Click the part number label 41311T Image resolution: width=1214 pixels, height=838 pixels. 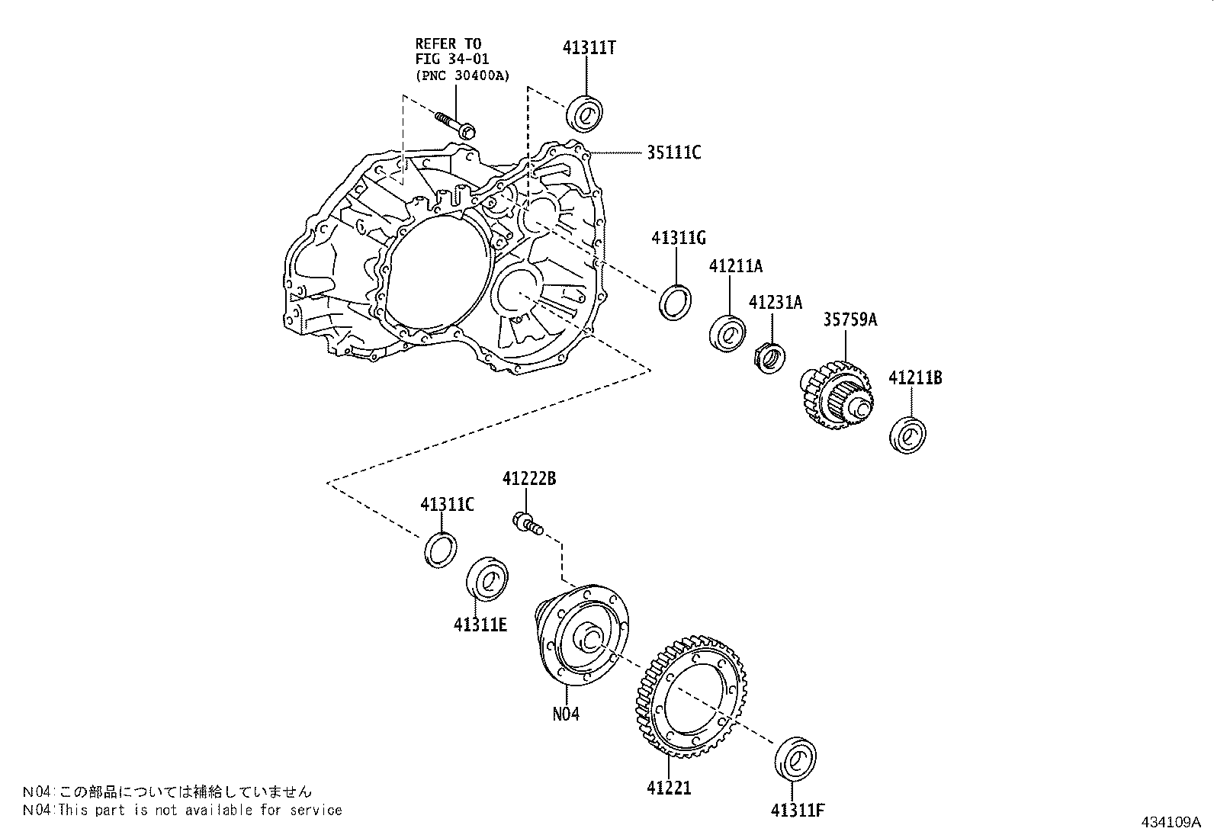click(x=589, y=47)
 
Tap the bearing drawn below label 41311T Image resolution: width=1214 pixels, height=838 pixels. click(x=586, y=114)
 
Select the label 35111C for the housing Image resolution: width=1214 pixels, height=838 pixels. click(x=673, y=153)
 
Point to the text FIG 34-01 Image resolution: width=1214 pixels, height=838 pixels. click(x=452, y=59)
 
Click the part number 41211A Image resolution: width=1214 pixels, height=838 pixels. click(x=735, y=266)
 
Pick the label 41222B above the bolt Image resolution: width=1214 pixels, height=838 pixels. click(x=528, y=479)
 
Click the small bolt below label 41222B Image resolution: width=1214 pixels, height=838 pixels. click(x=528, y=524)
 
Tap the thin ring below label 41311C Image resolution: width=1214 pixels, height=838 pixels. click(x=440, y=549)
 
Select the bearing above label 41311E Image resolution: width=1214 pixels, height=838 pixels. click(x=487, y=579)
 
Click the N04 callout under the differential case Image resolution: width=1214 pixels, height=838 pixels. click(x=566, y=714)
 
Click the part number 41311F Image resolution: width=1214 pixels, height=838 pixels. click(x=797, y=810)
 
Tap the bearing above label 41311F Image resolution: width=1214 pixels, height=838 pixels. click(x=795, y=758)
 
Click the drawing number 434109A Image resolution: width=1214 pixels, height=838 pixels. click(x=1171, y=822)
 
